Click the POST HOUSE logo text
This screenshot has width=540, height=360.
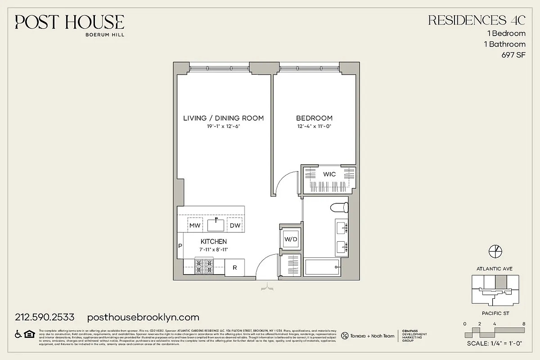[69, 22]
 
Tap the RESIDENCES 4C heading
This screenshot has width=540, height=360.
[477, 20]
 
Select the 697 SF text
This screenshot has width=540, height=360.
[513, 55]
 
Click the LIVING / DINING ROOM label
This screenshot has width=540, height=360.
[223, 118]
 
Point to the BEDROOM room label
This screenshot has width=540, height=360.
[314, 118]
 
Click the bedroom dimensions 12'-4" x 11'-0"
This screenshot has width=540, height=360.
[314, 126]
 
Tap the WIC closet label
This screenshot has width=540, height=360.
[329, 174]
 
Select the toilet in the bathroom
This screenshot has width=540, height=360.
[339, 207]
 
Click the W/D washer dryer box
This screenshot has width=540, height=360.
[291, 239]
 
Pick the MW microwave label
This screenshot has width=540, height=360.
[194, 225]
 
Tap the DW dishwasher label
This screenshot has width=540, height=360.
[235, 225]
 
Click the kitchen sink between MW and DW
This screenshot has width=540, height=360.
[216, 224]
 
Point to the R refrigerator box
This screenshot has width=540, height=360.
[234, 267]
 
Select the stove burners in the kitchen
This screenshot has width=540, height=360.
[204, 266]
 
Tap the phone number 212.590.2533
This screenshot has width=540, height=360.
[45, 317]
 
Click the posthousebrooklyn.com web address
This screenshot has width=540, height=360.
[143, 317]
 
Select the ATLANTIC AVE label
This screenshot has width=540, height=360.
[494, 269]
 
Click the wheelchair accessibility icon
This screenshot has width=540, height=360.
[18, 333]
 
